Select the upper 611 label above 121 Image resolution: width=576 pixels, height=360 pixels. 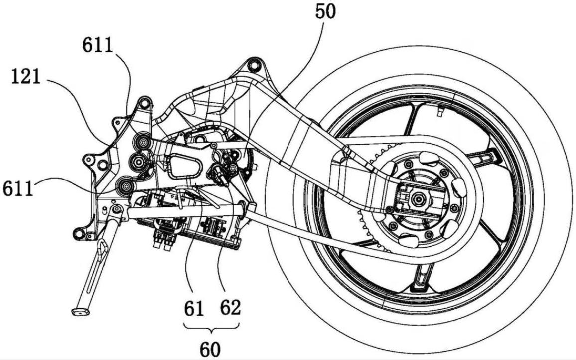[98, 46]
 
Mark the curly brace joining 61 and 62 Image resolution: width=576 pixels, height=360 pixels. [211, 328]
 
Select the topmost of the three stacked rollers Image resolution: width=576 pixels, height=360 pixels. [143, 143]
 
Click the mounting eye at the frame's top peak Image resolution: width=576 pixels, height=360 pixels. [254, 65]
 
